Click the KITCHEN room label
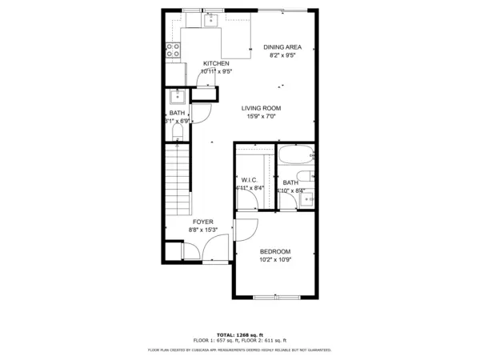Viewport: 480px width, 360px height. (x=216, y=63)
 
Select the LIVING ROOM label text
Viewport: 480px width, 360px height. (x=262, y=107)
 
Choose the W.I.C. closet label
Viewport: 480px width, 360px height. (x=248, y=180)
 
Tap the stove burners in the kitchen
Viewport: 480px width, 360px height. (x=171, y=51)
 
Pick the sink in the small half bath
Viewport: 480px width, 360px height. (x=178, y=98)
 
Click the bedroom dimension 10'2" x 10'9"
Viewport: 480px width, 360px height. (x=274, y=260)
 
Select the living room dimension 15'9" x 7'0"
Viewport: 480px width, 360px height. (x=262, y=116)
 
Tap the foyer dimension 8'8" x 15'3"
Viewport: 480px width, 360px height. (x=203, y=230)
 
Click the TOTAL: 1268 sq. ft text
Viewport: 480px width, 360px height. (x=239, y=334)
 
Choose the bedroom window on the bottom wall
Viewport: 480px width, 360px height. (x=274, y=298)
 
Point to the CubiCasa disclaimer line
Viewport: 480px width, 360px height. (x=239, y=350)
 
